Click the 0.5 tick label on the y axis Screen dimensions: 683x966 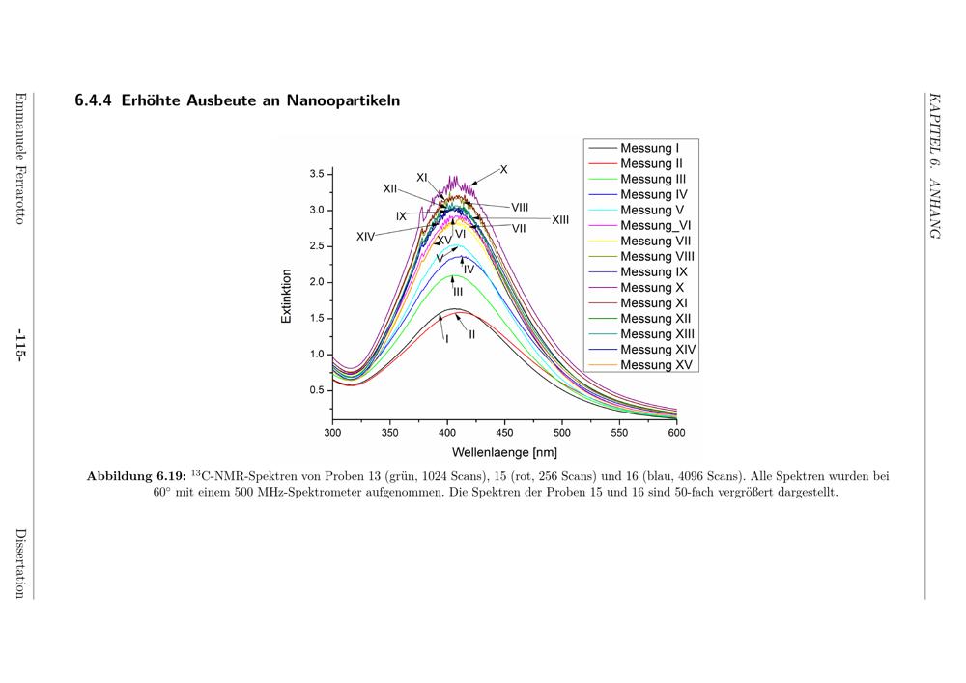click(x=317, y=390)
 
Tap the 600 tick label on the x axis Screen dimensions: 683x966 click(x=676, y=433)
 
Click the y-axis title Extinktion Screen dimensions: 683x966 click(x=287, y=296)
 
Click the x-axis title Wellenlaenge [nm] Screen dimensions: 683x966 click(x=504, y=452)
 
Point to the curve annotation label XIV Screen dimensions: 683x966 click(x=365, y=237)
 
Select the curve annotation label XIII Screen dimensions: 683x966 click(x=560, y=220)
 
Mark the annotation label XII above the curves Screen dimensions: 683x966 click(x=390, y=189)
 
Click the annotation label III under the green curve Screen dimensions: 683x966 click(x=458, y=292)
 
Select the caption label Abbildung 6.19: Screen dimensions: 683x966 click(x=136, y=476)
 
